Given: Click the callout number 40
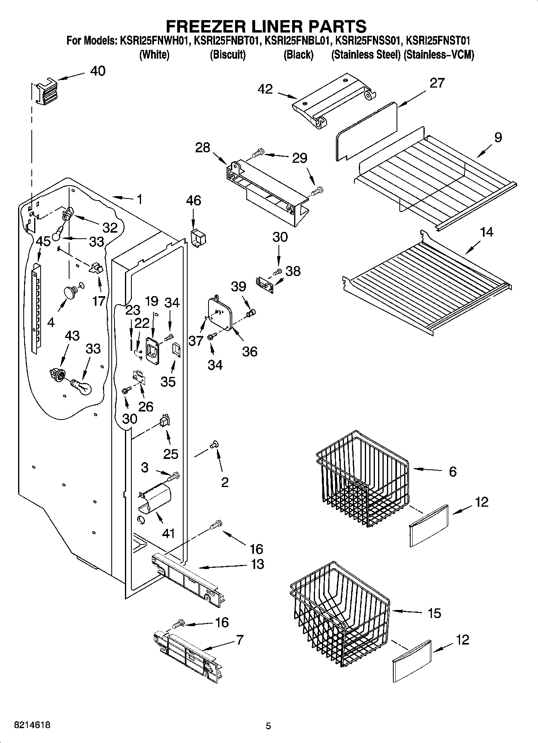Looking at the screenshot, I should click(x=98, y=71).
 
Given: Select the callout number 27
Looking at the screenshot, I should click(x=437, y=83).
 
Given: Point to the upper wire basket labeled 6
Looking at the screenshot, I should click(x=362, y=478).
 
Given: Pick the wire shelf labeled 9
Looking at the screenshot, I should click(x=434, y=181).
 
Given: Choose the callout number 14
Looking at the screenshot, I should click(x=487, y=232).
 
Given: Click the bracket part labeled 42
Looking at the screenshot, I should click(x=333, y=100).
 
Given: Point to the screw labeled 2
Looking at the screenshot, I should click(x=214, y=444).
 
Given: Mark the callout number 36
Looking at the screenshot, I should click(x=250, y=352).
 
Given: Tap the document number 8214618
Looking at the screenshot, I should click(x=32, y=725).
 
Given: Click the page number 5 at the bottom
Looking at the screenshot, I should click(x=268, y=726).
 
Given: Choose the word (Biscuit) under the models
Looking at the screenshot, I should click(x=227, y=55).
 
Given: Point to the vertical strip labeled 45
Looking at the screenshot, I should click(x=36, y=309).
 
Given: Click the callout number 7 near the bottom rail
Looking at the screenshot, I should click(x=240, y=639).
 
